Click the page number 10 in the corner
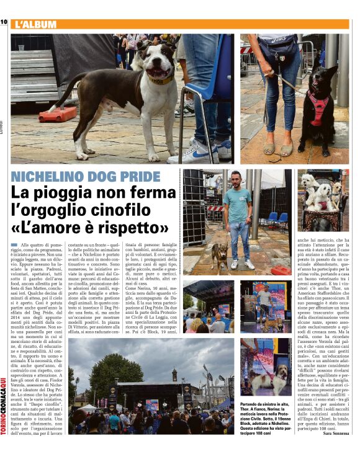[x=4, y=23]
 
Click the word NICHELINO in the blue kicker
[x=53, y=176]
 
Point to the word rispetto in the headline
[x=130, y=229]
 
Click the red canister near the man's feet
[x=281, y=270]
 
